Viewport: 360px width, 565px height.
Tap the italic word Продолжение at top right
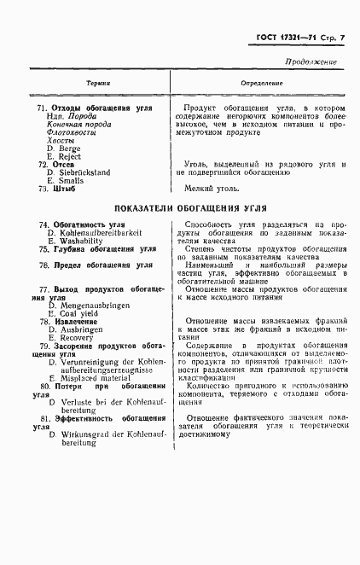click(310, 61)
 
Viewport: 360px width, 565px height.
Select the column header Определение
click(262, 83)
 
